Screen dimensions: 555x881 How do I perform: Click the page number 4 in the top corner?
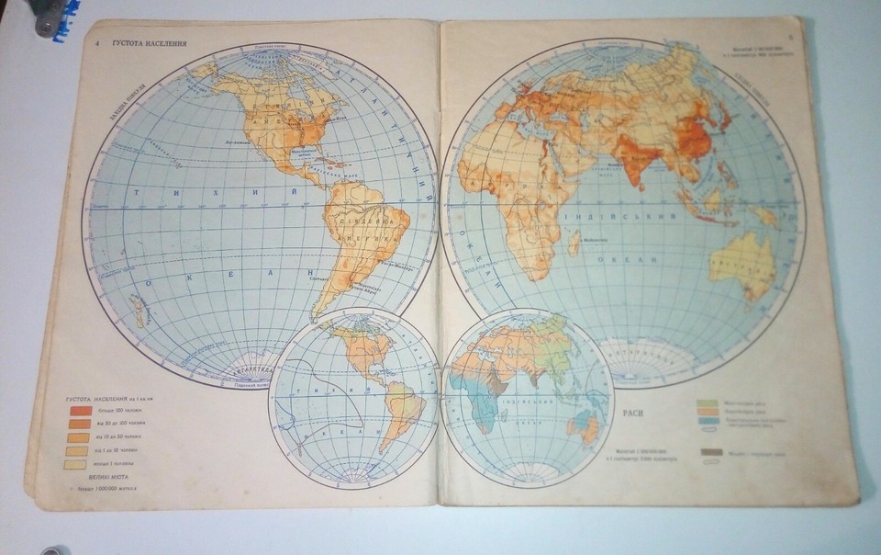95,43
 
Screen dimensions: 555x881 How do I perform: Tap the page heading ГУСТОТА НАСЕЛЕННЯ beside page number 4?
150,43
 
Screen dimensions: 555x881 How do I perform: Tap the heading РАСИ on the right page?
633,413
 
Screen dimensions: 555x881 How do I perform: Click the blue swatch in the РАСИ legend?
707,421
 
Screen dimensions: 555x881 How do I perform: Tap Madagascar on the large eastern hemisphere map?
574,243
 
